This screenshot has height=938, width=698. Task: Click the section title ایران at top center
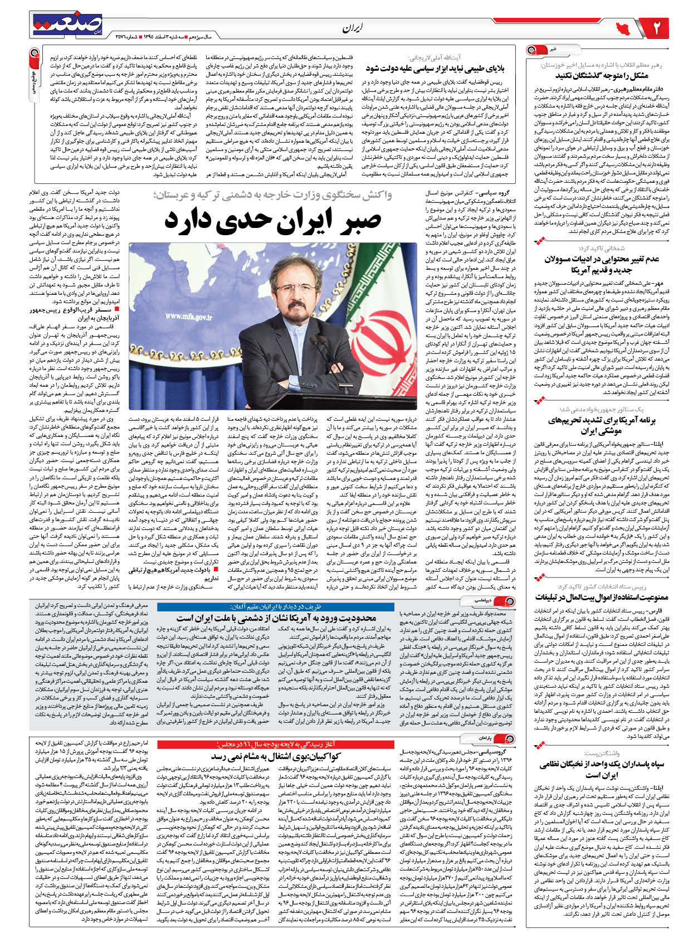353,28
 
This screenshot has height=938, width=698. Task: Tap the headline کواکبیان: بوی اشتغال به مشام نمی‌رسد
275,757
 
